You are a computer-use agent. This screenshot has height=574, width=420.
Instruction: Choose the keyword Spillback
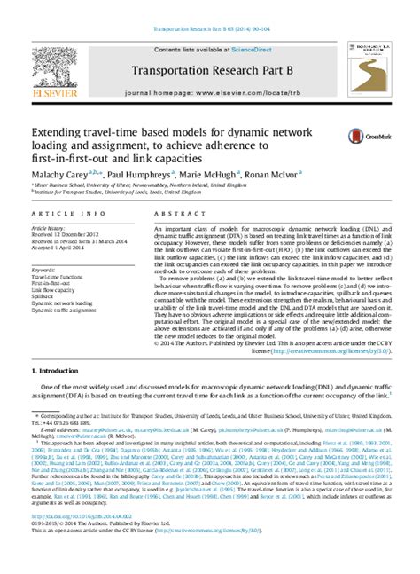click(43, 296)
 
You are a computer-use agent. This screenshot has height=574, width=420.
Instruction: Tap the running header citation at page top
click(210, 7)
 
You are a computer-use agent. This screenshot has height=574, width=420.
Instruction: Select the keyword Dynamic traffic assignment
click(61, 310)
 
